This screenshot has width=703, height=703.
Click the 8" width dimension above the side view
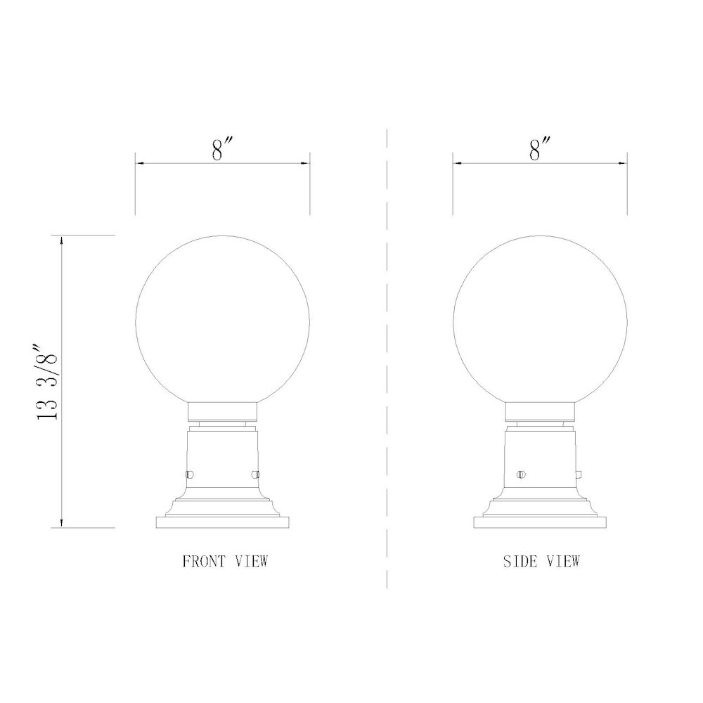pyautogui.click(x=540, y=149)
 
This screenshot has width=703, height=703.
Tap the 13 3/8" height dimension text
pyautogui.click(x=49, y=382)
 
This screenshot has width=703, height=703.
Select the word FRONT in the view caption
pyautogui.click(x=205, y=562)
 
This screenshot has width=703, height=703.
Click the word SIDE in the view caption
pyautogui.click(x=519, y=562)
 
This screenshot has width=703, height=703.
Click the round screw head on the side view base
pyautogui.click(x=521, y=475)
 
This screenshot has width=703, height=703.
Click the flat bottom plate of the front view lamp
pyautogui.click(x=222, y=523)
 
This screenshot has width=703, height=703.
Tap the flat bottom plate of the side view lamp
pyautogui.click(x=540, y=523)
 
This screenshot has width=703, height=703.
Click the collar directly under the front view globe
pyautogui.click(x=222, y=411)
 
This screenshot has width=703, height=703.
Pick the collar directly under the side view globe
pyautogui.click(x=540, y=411)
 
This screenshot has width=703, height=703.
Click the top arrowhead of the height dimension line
pyautogui.click(x=63, y=240)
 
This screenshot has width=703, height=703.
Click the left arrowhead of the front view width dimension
pyautogui.click(x=139, y=164)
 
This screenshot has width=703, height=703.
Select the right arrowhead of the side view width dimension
pyautogui.click(x=622, y=164)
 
